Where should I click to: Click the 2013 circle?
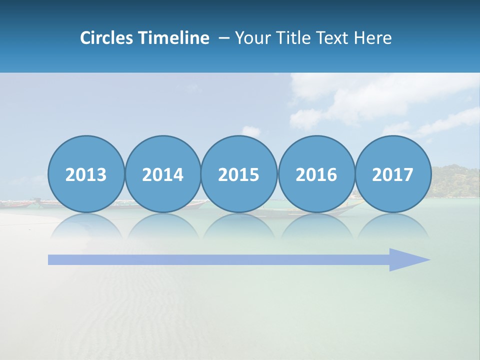86,174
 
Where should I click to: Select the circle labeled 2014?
162,174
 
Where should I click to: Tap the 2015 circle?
239,174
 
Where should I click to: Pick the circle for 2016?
316,174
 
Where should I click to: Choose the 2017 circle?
392,174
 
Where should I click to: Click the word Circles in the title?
107,38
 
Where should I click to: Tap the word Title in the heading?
292,38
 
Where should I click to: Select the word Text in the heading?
334,38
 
